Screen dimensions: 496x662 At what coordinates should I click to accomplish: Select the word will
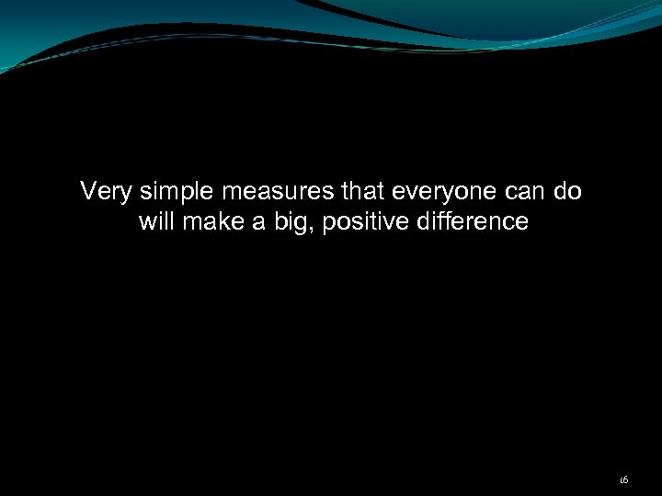point(155,221)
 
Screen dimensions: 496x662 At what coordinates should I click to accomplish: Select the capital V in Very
point(87,192)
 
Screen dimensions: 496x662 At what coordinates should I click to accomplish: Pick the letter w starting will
point(145,222)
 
